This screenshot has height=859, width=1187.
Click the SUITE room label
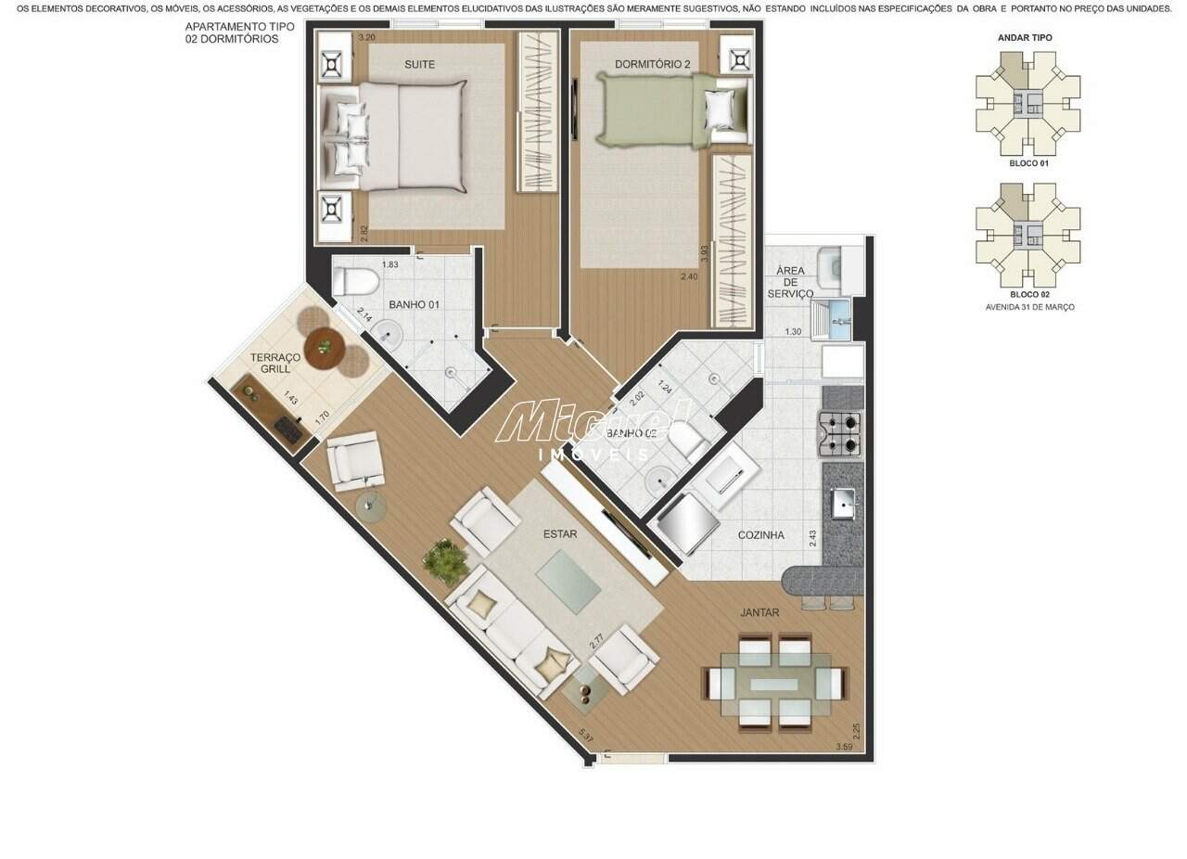click(419, 64)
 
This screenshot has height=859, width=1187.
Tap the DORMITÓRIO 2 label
click(653, 64)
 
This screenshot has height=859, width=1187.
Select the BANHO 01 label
click(414, 304)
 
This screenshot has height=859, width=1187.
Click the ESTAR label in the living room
click(560, 533)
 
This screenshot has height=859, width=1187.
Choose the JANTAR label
click(759, 612)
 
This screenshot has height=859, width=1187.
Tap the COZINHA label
click(760, 535)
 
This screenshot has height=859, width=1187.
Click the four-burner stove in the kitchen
click(839, 433)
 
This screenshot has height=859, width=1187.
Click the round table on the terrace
click(325, 348)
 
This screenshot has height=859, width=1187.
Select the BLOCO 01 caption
click(1028, 163)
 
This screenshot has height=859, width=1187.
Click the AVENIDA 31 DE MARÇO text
click(1028, 306)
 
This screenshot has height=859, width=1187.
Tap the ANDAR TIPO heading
click(1024, 38)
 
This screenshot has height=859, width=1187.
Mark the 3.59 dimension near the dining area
click(844, 747)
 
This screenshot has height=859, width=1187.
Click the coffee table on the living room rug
click(568, 581)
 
